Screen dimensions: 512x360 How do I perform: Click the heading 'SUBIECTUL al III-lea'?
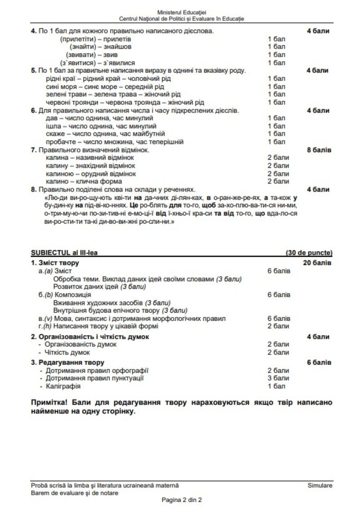[64, 253]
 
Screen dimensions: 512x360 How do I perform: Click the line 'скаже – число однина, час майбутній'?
[105, 134]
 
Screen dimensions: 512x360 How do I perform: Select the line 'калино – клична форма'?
[84, 182]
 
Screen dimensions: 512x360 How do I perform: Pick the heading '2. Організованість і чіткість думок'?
[90, 337]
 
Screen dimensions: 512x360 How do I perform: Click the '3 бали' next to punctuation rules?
[278, 378]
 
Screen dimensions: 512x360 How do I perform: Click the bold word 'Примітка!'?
[49, 402]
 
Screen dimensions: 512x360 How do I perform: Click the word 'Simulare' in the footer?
[320, 485]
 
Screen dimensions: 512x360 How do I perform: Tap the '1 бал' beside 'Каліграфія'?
[276, 386]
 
